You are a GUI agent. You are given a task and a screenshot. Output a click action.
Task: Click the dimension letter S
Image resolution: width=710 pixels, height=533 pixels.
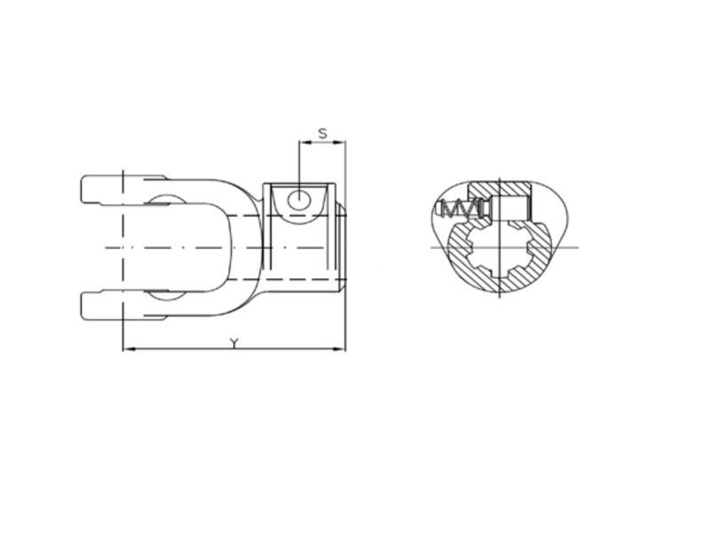tap(323, 133)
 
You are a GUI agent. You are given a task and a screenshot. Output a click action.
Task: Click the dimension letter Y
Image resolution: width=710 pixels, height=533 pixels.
tap(233, 343)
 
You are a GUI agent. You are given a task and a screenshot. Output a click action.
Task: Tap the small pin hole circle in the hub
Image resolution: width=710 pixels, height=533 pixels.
tap(301, 199)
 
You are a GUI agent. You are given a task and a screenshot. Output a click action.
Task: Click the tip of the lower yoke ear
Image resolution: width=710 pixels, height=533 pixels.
tap(85, 305)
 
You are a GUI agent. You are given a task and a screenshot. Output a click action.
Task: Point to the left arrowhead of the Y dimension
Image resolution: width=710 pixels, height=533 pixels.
tap(126, 349)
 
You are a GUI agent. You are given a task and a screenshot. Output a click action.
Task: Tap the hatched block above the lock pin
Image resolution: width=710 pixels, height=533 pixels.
tap(499, 189)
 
